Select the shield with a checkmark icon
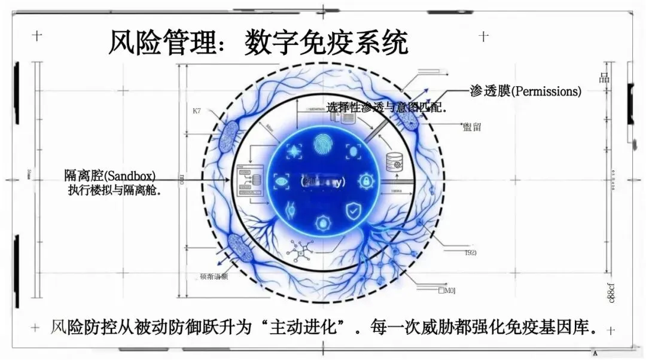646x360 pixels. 353,210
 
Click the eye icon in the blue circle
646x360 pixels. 281,180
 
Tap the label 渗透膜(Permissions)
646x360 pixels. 525,91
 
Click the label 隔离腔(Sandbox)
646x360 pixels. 110,176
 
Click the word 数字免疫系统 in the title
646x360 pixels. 326,43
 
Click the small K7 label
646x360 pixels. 197,112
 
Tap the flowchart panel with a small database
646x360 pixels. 250,180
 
